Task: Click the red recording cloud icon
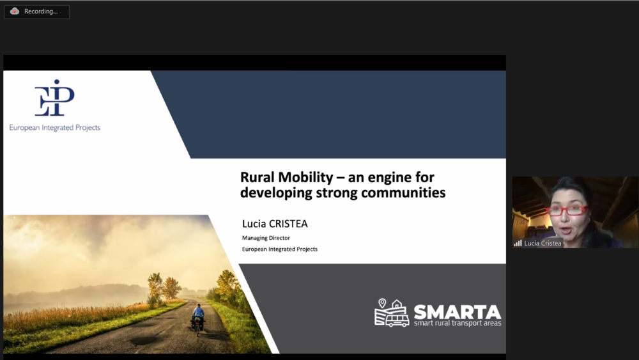tap(15, 11)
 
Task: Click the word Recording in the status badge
tap(41, 12)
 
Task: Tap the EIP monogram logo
tap(54, 98)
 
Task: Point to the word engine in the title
tap(390, 178)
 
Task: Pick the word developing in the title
tap(276, 193)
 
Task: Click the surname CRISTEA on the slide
tap(288, 224)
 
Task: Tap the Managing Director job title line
tap(266, 238)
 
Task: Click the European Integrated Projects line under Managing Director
tap(280, 249)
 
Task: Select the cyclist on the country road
tap(198, 320)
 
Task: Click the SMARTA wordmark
tap(458, 312)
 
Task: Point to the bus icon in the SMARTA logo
tap(397, 320)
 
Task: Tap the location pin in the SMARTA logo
tap(382, 303)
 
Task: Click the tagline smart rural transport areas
tap(458, 324)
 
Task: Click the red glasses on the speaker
tap(567, 210)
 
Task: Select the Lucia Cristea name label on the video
tap(543, 244)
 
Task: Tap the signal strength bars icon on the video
tap(518, 244)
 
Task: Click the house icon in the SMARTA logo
tap(397, 305)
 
